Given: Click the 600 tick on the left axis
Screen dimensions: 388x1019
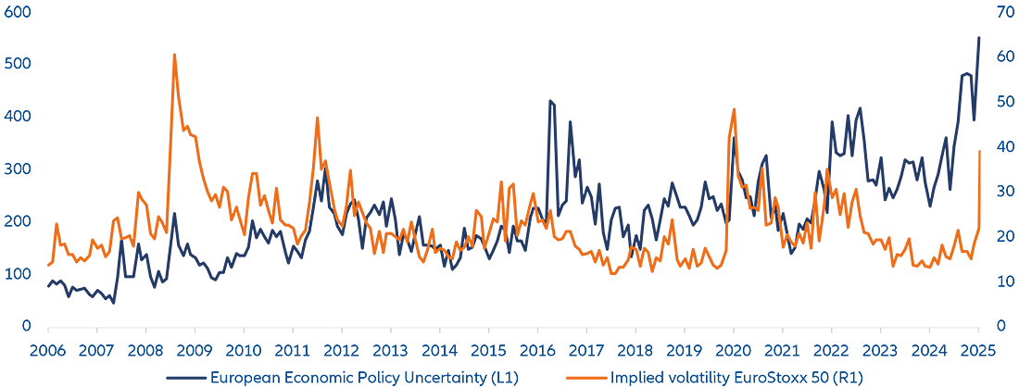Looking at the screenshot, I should pos(18,12).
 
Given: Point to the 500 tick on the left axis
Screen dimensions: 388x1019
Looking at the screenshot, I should pos(18,64).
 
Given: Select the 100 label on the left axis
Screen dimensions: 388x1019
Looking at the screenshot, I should pos(18,274).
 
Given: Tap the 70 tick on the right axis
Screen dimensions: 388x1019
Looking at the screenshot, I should pos(1004,12).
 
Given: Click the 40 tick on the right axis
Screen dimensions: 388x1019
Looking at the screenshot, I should pos(1004,146).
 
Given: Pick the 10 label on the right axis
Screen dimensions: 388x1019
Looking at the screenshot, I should pos(1004,282).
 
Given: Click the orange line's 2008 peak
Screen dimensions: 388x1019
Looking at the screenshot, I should pos(174,55).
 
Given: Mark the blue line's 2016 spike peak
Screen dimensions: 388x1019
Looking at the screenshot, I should pos(550,101).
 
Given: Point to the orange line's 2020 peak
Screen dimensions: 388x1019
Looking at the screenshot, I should pos(734,109).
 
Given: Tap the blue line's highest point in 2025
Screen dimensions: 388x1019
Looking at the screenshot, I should pos(979,37).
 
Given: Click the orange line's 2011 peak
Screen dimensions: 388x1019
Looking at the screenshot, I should pos(318,118).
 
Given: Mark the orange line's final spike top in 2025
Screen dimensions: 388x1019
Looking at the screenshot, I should pos(980,151).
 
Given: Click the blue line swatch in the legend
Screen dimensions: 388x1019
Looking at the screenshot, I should pos(185,378).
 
